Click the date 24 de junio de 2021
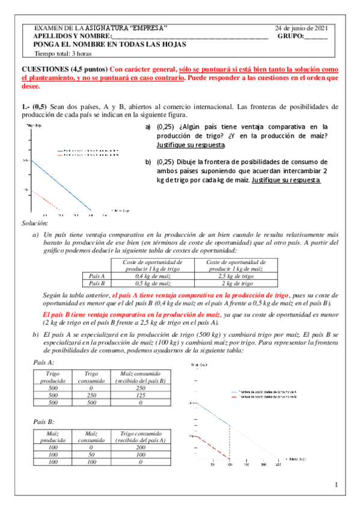click(x=301, y=28)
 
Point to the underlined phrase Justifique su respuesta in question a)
click(x=191, y=146)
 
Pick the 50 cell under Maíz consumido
click(x=89, y=455)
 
